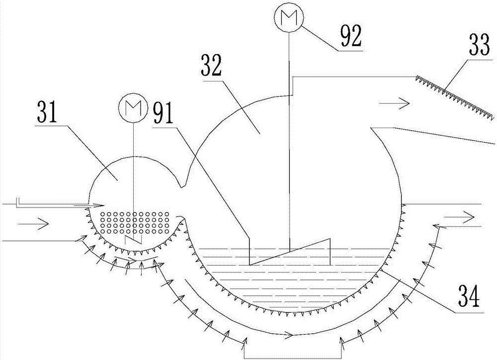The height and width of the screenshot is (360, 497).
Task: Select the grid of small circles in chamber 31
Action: click(135, 223)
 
